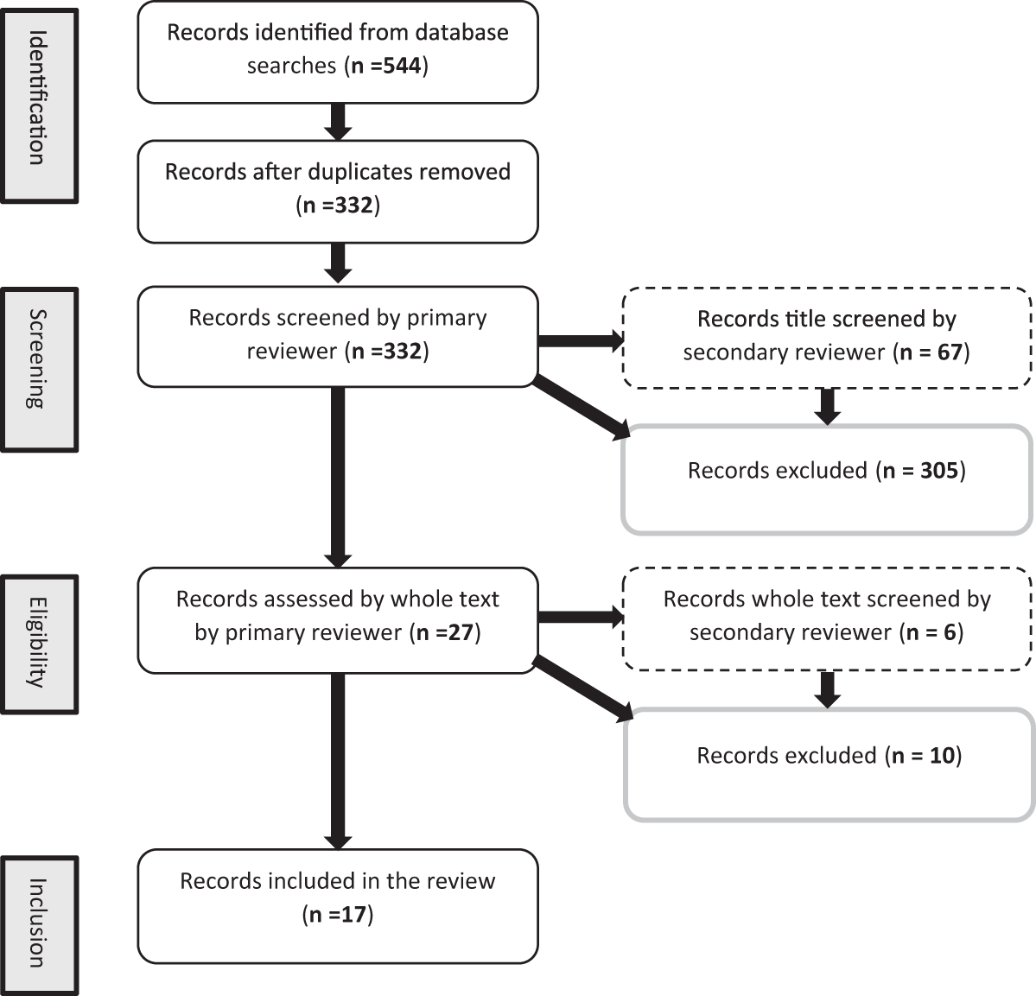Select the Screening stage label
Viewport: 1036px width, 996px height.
[38, 370]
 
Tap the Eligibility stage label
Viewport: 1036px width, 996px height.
[38, 644]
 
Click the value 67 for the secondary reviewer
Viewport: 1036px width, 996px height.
[949, 352]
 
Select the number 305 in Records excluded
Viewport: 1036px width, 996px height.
[939, 471]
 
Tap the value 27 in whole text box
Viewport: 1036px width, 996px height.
[461, 632]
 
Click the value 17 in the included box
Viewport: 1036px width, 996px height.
[353, 915]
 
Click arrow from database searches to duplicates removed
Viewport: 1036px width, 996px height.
[339, 121]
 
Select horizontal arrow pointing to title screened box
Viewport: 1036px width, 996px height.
[580, 340]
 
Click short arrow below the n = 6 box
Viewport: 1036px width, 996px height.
[828, 688]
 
